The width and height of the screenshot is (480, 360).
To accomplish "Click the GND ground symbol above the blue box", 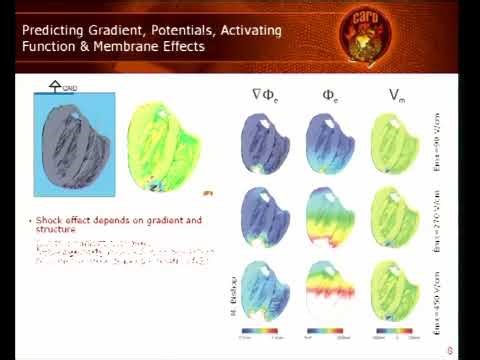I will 56,87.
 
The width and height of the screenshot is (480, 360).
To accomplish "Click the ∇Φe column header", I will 265,96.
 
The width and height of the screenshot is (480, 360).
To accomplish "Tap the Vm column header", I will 395,96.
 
